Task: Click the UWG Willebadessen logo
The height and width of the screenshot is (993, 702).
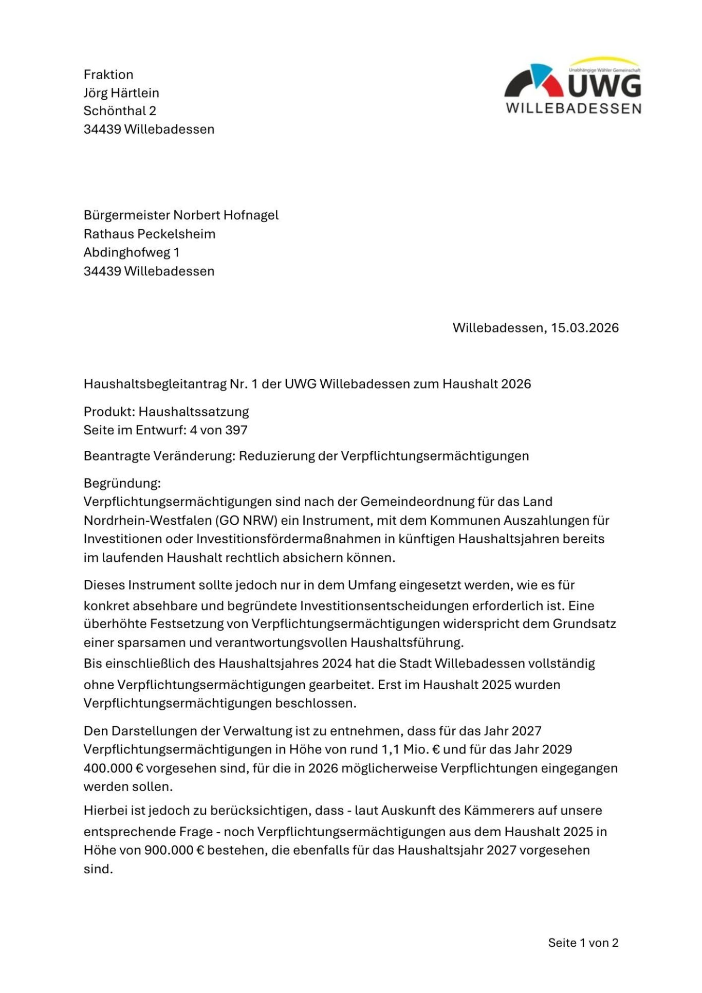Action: click(572, 86)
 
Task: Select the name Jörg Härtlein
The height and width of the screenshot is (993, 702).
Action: click(121, 93)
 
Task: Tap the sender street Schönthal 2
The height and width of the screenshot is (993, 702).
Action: click(120, 111)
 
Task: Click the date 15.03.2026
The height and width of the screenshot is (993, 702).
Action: click(585, 328)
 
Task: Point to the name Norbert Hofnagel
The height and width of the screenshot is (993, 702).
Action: click(226, 215)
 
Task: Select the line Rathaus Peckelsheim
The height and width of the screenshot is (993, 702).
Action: click(150, 234)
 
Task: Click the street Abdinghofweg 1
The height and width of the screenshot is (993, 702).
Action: click(132, 252)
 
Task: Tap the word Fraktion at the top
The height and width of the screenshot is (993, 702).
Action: click(108, 75)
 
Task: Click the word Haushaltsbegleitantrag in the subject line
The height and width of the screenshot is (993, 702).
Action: click(155, 384)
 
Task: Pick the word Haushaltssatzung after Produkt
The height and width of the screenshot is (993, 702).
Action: click(194, 412)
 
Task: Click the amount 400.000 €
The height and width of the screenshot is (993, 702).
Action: click(113, 768)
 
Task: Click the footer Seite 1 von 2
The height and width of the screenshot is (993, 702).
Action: click(583, 943)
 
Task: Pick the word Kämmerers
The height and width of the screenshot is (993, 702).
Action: click(498, 811)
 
